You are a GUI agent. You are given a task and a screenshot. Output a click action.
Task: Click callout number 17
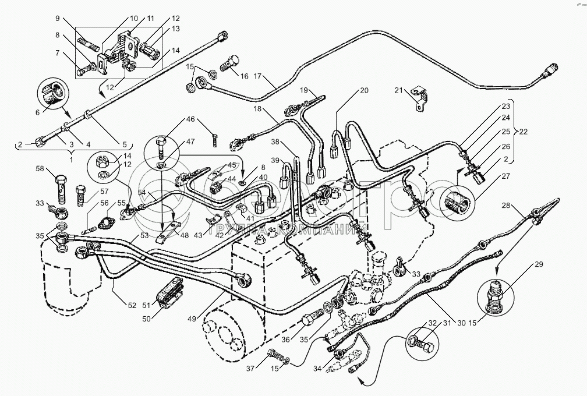point(259,76)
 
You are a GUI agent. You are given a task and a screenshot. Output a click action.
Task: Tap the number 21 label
point(398,90)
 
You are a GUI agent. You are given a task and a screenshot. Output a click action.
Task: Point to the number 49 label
point(192,318)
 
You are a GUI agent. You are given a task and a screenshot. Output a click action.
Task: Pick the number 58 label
point(39,168)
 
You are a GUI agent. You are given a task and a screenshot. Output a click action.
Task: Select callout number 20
point(364,90)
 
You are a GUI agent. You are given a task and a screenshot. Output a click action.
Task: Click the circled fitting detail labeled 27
point(458,202)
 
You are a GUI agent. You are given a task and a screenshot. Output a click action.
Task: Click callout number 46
point(190,119)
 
